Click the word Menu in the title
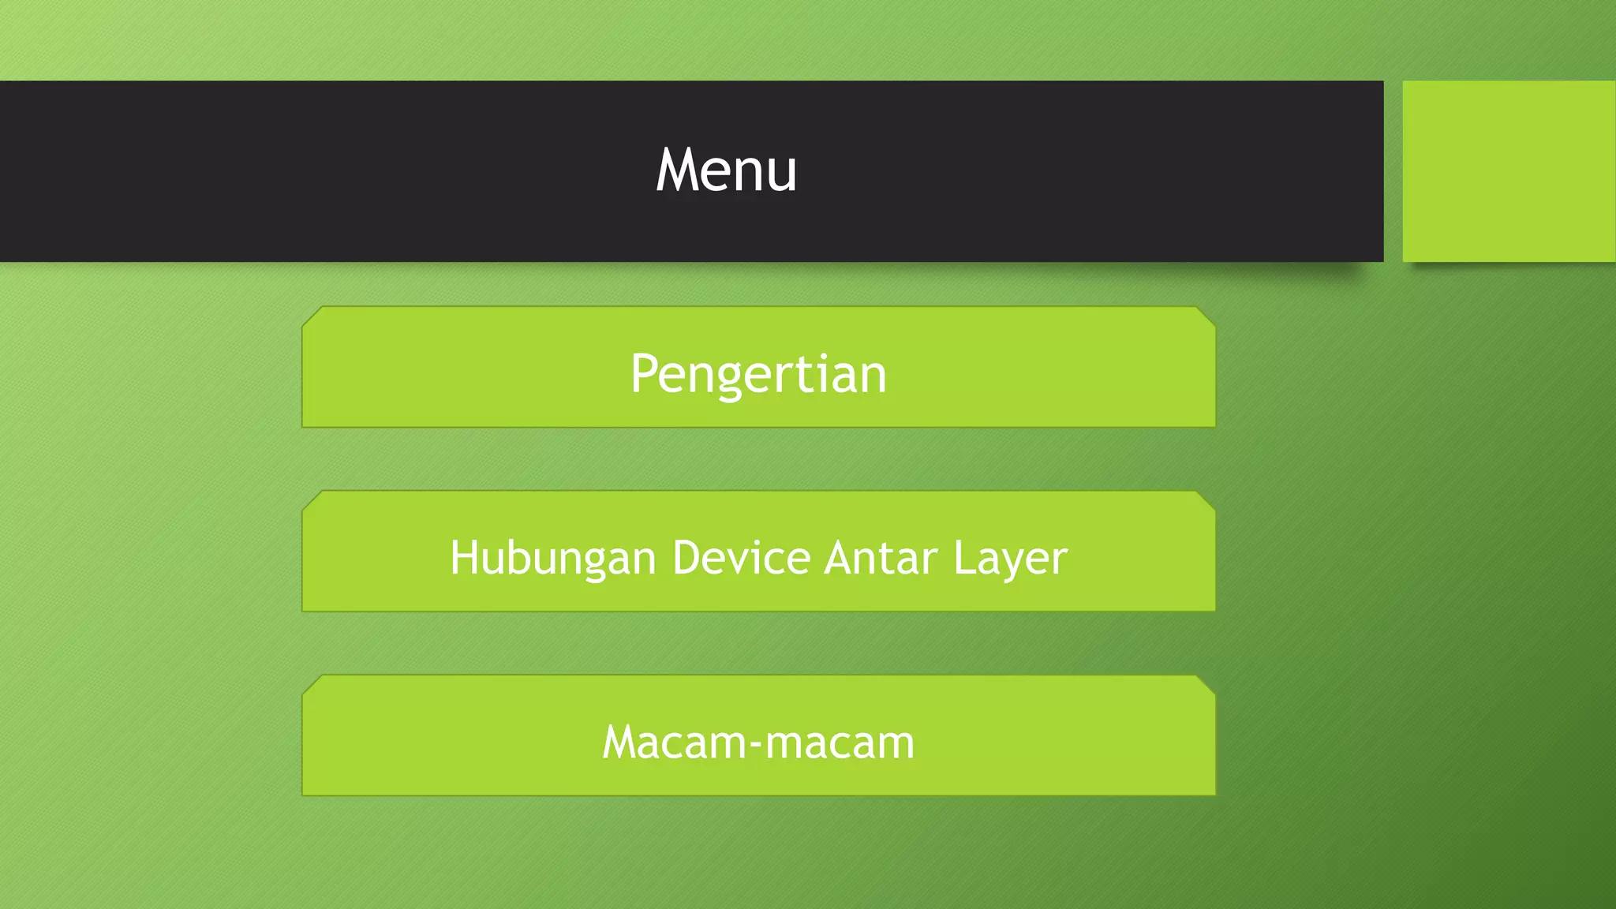coord(726,170)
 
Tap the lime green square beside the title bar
coord(1509,171)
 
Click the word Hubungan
coord(552,559)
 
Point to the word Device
coord(741,558)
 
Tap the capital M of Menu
coord(677,170)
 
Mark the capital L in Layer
coord(963,558)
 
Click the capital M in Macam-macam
coord(621,743)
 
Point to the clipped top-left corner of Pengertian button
coord(312,316)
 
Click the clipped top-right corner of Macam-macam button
coord(1206,684)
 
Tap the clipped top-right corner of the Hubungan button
coord(1206,500)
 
